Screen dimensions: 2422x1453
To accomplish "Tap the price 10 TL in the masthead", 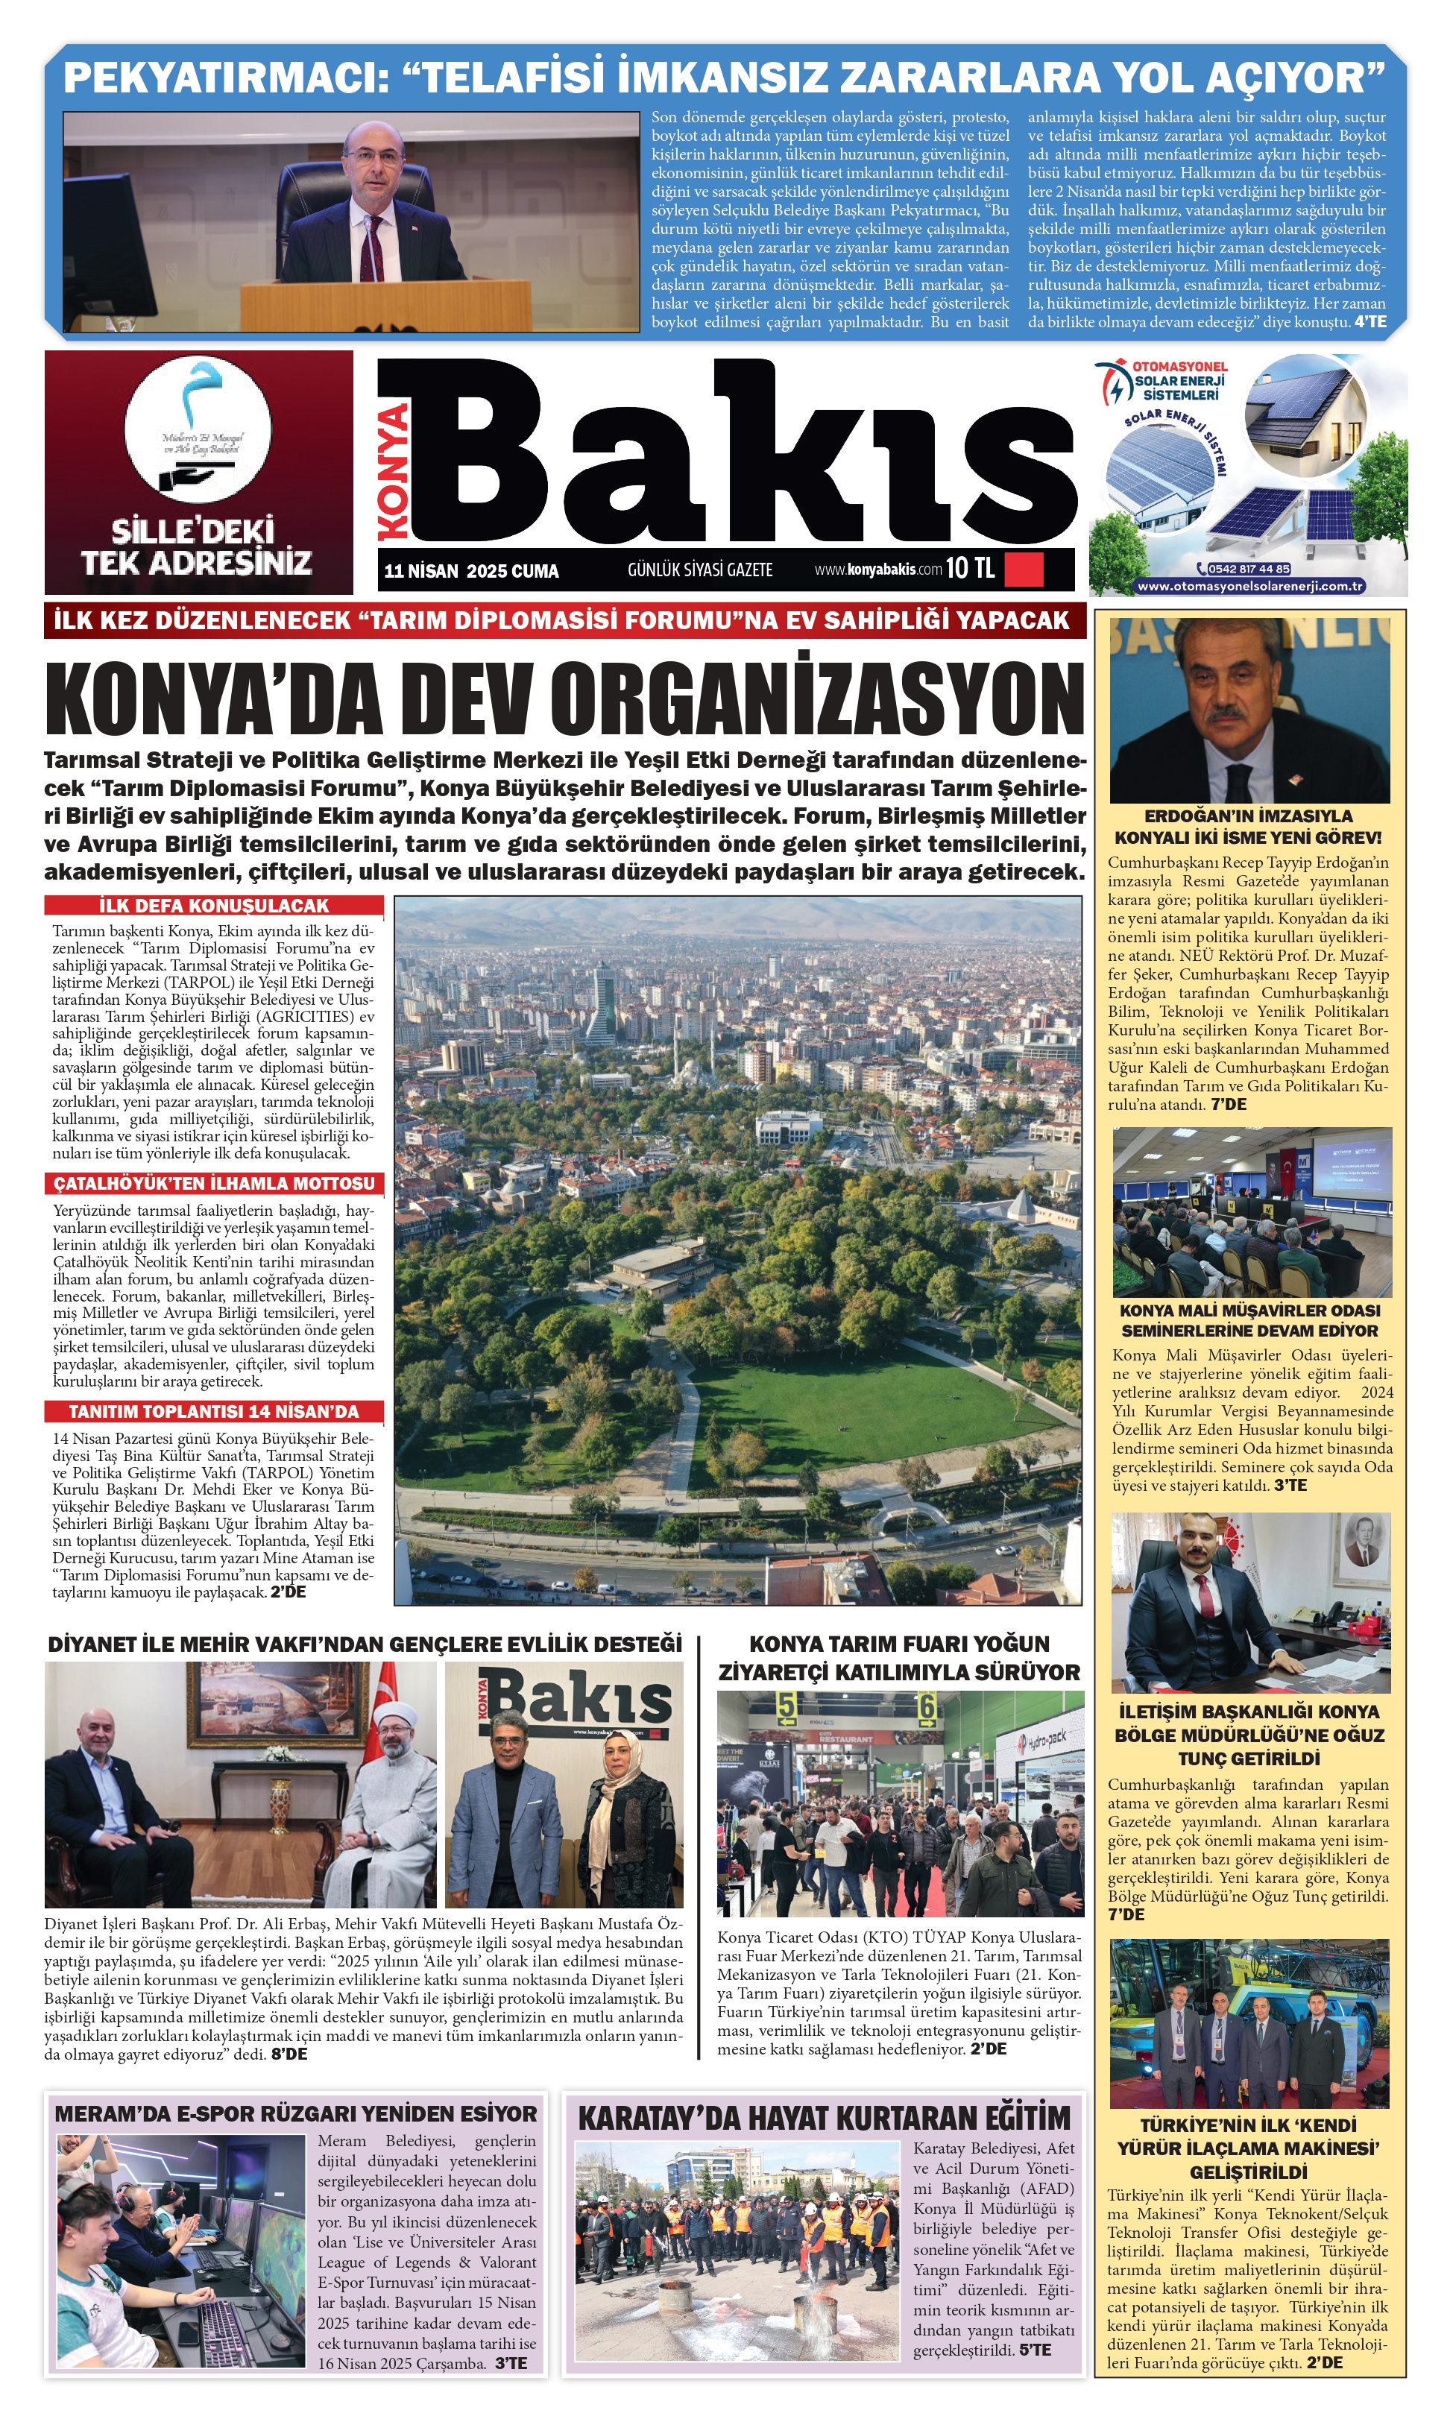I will point(971,568).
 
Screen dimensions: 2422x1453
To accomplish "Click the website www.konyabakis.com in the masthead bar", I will point(877,569).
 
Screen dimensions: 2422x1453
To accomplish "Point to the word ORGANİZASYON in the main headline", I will point(816,699).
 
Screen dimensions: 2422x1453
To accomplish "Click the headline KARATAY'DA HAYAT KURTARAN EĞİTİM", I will point(824,2118).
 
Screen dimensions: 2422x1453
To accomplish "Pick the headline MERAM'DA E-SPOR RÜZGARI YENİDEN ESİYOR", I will point(296,2113).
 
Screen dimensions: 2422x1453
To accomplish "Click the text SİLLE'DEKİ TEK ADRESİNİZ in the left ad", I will point(196,547).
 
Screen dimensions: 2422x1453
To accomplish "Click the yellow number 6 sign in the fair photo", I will point(925,1709).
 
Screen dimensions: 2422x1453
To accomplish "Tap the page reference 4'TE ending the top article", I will point(1370,322).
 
